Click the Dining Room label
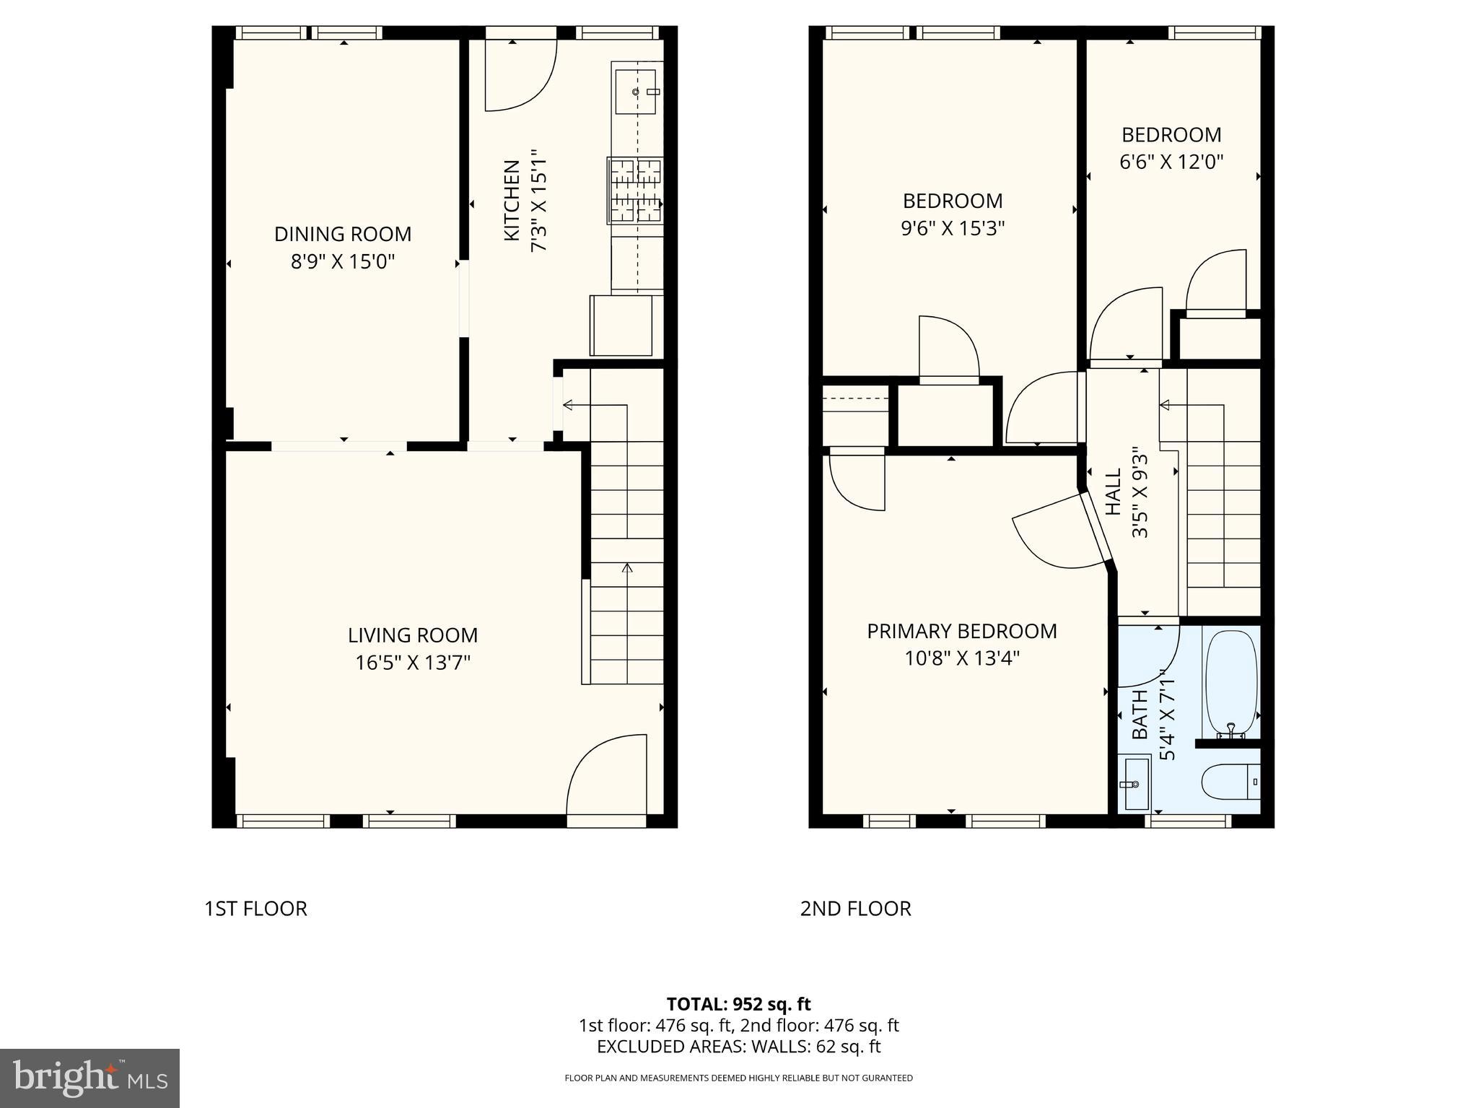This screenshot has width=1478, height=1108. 342,234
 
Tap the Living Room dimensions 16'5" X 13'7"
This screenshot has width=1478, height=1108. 412,663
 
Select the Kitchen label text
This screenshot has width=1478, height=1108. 512,201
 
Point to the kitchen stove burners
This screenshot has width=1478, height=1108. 636,190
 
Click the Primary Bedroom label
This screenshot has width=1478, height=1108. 961,632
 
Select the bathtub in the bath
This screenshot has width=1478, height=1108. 1230,682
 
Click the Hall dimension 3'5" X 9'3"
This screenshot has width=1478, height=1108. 1140,494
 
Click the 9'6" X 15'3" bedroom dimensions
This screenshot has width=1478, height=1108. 953,229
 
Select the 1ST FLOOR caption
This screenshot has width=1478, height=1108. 255,909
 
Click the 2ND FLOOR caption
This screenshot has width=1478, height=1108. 855,909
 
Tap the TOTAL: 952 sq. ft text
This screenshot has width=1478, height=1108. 738,1004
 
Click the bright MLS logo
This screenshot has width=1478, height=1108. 89,1078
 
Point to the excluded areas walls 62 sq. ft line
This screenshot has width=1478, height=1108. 738,1047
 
